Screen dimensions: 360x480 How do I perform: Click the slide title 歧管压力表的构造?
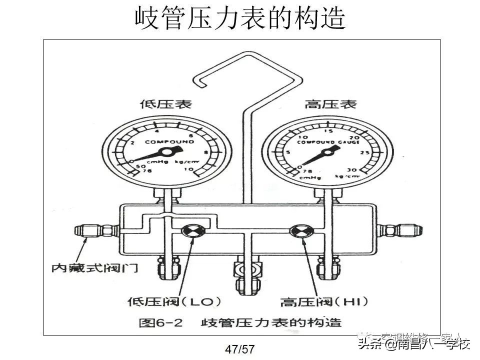pos(240,18)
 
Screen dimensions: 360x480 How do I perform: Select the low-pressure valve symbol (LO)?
pos(191,231)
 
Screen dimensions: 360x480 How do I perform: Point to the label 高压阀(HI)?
pos(323,301)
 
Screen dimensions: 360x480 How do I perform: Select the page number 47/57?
pos(240,349)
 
